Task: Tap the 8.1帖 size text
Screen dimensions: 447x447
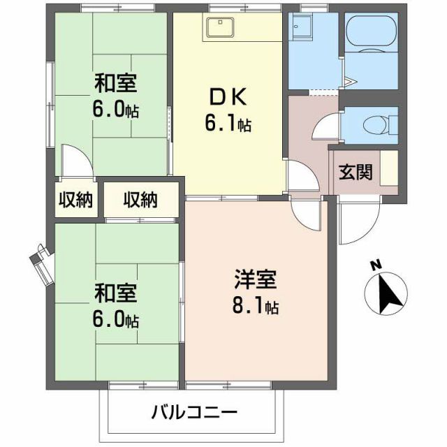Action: (x=256, y=306)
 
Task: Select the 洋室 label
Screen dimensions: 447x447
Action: (x=256, y=281)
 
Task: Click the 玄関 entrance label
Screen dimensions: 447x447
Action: (x=356, y=172)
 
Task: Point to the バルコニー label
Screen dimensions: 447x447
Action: (x=195, y=412)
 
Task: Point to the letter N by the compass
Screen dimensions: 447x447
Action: (x=375, y=265)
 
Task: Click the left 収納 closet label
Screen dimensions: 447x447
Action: (x=75, y=200)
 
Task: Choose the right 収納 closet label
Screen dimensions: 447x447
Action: (x=140, y=200)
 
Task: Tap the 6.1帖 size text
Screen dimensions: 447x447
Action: (x=228, y=124)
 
